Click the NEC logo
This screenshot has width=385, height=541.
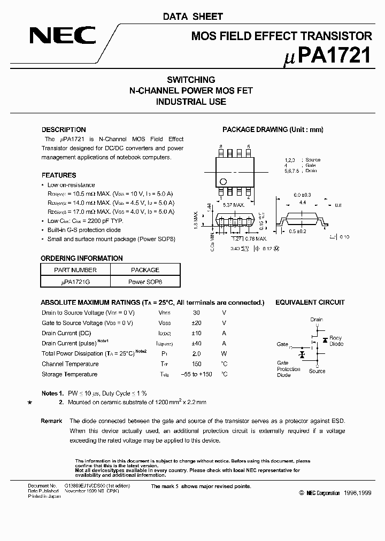(63, 36)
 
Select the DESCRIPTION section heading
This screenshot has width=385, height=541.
(64, 129)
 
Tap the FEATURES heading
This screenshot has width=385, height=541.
(59, 175)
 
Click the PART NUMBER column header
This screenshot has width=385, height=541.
(75, 270)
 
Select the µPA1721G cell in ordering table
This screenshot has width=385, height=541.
(75, 281)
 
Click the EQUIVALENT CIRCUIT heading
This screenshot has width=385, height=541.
(310, 303)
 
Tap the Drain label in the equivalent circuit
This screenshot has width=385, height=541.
(317, 320)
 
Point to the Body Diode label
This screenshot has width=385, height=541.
(336, 341)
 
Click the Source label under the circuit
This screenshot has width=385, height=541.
(317, 371)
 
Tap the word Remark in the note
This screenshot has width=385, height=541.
(51, 421)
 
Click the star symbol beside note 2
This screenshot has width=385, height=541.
(29, 402)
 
